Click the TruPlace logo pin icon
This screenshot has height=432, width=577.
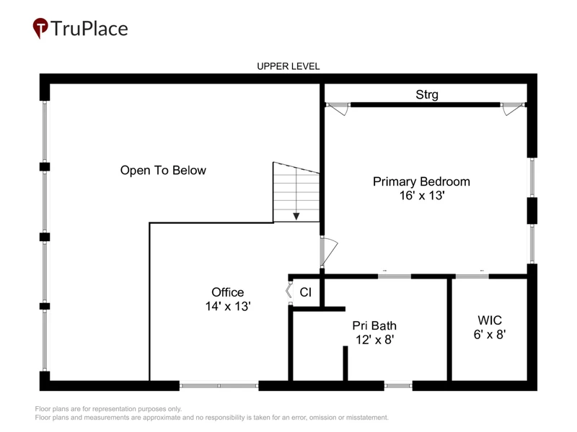click(x=40, y=28)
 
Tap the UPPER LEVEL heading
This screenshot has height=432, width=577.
click(x=288, y=66)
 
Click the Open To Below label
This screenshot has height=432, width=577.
click(x=163, y=171)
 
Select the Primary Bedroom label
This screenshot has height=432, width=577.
click(x=421, y=181)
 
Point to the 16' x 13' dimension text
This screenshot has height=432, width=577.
click(x=422, y=195)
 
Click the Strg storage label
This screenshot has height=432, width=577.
click(x=427, y=94)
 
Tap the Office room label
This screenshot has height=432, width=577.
click(x=227, y=292)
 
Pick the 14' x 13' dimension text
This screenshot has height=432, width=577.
click(x=228, y=306)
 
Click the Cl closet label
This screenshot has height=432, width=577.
click(x=305, y=292)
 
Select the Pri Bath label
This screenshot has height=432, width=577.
click(x=374, y=325)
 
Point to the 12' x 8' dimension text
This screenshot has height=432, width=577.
click(x=374, y=339)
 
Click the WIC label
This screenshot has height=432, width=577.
click(x=490, y=320)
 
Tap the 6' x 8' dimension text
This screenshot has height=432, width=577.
click(x=490, y=334)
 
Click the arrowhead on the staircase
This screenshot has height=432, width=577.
click(x=296, y=217)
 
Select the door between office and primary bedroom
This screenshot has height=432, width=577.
click(x=329, y=251)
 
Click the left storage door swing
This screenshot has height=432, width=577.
click(x=338, y=109)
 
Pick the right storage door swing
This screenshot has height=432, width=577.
click(x=513, y=109)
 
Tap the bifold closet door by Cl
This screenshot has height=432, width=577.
click(x=289, y=292)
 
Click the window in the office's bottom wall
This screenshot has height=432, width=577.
click(x=219, y=386)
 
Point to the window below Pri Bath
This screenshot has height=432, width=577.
click(x=398, y=386)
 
